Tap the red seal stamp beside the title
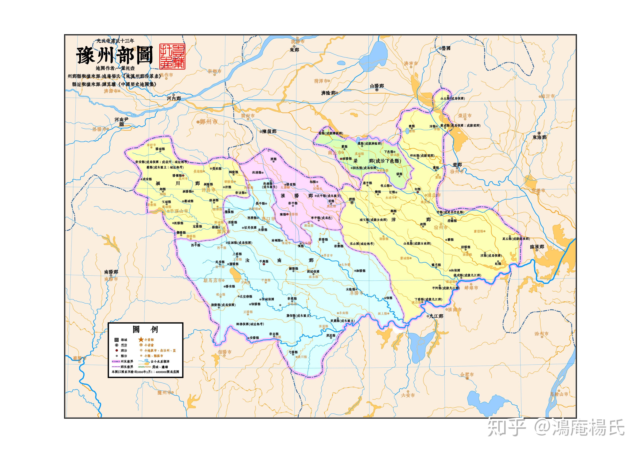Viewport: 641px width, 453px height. pos(172,56)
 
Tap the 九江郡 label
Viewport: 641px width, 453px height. pos(436,316)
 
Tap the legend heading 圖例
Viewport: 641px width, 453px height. pos(145,330)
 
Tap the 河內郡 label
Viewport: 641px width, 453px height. pos(174,99)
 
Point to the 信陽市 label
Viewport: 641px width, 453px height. pos(224,352)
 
